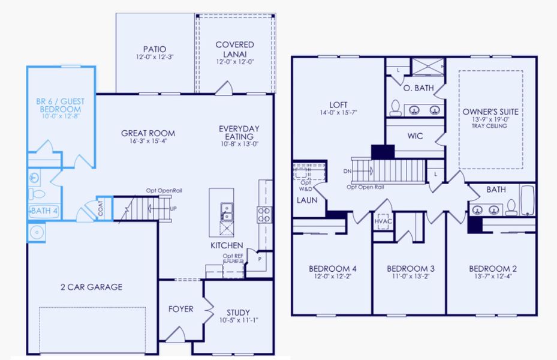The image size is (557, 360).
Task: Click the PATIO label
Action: click(154, 49)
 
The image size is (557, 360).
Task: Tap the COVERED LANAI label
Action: click(234, 49)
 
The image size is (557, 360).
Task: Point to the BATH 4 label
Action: click(44, 211)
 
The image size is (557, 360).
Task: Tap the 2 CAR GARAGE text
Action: click(91, 287)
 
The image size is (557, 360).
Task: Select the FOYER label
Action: click(180, 309)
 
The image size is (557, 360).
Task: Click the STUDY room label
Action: click(238, 313)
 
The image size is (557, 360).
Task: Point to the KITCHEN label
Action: click(226, 245)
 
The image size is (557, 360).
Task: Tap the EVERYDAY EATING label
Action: click(239, 133)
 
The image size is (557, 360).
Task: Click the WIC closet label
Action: click(415, 136)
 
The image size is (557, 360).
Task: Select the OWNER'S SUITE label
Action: click(490, 112)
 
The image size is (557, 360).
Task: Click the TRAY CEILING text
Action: click(490, 125)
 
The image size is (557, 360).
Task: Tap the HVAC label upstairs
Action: click(382, 221)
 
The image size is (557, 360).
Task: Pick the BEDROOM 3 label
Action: click(408, 268)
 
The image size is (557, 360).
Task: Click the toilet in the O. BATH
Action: click(396, 108)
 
